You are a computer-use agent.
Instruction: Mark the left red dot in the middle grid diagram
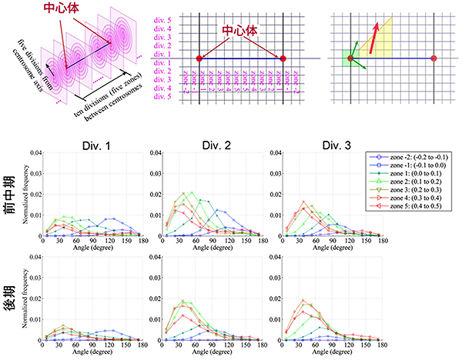pyautogui.click(x=200, y=58)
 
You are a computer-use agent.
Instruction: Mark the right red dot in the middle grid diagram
pyautogui.click(x=284, y=58)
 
